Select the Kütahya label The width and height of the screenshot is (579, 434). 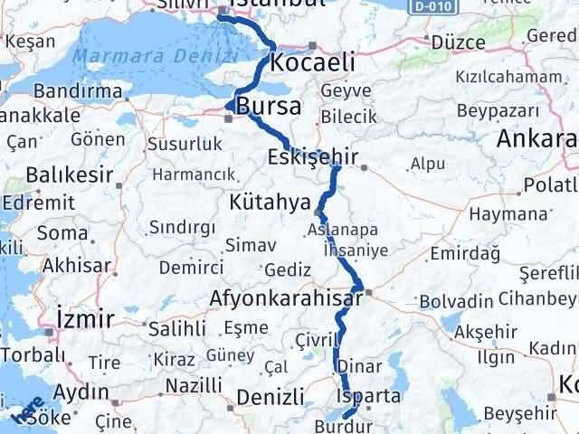coord(270,200)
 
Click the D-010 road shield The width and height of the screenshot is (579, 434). coord(442,6)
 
